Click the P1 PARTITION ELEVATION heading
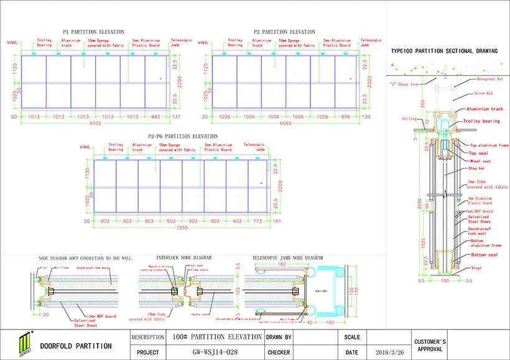tap(93, 31)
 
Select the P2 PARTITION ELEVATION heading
tap(284, 31)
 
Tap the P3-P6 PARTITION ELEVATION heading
tap(183, 136)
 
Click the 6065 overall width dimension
tap(284, 124)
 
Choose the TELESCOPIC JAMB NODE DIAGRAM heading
tap(287, 257)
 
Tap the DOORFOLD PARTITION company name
tap(75, 346)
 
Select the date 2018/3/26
tap(390, 353)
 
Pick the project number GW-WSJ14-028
tap(216, 353)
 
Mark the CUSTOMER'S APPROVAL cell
tap(431, 346)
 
